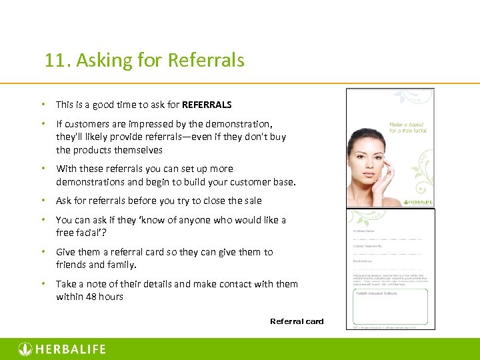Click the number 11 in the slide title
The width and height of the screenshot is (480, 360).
point(54,61)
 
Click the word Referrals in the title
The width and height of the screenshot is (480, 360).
point(206,61)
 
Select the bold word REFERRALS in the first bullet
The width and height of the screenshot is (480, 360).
point(207,105)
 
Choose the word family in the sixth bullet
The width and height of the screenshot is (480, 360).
point(121,265)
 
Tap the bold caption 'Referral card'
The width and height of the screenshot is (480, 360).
point(297,321)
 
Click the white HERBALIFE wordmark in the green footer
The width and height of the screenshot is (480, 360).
point(70,349)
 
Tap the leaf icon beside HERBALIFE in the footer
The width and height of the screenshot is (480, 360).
point(25,349)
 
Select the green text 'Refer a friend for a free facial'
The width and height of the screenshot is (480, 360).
point(407,127)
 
